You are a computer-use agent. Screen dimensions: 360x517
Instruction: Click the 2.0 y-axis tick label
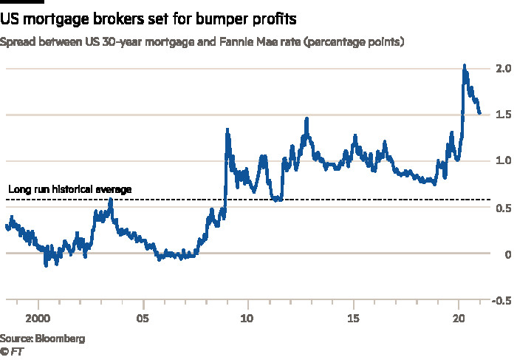click(504, 69)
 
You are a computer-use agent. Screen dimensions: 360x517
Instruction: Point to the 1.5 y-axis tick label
click(504, 115)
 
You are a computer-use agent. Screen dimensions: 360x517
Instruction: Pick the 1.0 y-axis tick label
click(504, 161)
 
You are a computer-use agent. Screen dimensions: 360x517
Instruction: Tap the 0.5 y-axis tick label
click(504, 208)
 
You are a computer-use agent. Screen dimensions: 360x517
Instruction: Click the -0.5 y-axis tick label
click(502, 300)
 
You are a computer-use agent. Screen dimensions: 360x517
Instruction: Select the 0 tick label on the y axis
click(509, 254)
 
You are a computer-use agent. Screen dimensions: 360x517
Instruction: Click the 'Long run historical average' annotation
click(69, 189)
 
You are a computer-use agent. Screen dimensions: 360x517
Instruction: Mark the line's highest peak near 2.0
click(464, 66)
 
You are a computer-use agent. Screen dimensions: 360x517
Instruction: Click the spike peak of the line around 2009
click(227, 130)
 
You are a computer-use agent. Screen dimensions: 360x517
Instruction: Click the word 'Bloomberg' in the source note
click(62, 339)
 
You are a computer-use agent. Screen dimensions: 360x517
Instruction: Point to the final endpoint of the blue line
click(479, 113)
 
